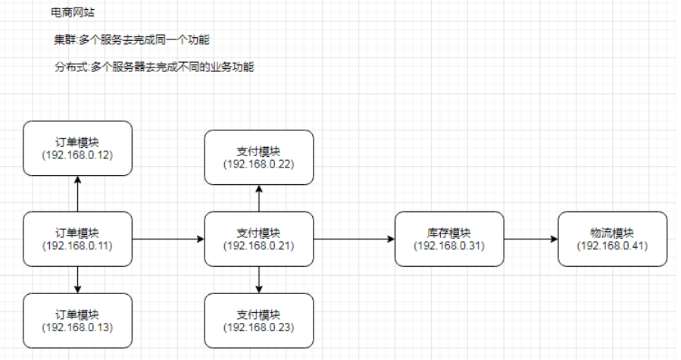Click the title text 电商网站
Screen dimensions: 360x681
click(x=73, y=13)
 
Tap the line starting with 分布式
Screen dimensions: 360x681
click(x=154, y=67)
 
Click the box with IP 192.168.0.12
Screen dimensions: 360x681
click(x=77, y=148)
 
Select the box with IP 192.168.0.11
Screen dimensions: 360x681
click(x=77, y=239)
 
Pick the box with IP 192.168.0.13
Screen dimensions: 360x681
click(x=77, y=321)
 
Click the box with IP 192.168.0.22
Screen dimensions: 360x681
click(x=259, y=157)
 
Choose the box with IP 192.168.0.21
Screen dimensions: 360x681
click(x=259, y=239)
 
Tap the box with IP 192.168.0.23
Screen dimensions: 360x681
click(x=259, y=321)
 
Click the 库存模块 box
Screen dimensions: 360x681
click(x=449, y=239)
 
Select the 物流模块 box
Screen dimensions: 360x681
click(x=612, y=239)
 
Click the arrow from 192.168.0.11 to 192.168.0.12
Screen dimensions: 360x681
click(x=77, y=194)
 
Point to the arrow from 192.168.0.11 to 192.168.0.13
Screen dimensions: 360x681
click(x=77, y=280)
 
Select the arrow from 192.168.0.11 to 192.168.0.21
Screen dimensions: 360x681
click(x=168, y=239)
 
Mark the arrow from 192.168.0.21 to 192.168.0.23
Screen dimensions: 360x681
click(x=259, y=280)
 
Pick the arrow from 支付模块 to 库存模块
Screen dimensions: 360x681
click(x=354, y=239)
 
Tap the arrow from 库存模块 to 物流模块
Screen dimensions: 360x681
click(x=530, y=239)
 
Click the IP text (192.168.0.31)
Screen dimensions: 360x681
click(x=449, y=246)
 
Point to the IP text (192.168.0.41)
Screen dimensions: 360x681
click(x=612, y=246)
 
